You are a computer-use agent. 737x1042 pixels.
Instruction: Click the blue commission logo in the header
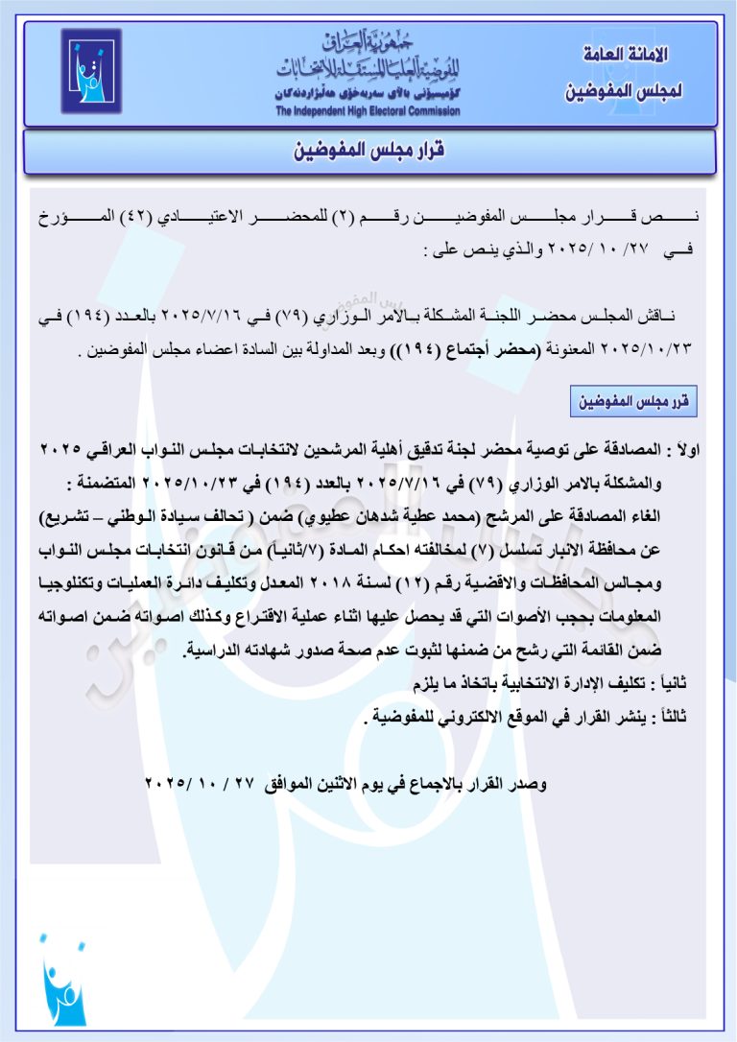point(91,71)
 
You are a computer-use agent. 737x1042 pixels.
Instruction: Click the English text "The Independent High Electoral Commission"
point(368,111)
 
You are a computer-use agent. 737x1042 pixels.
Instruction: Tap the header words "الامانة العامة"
point(625,56)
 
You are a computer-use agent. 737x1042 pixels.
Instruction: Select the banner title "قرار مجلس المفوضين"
point(368,151)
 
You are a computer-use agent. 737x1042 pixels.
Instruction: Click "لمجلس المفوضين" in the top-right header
point(625,92)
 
